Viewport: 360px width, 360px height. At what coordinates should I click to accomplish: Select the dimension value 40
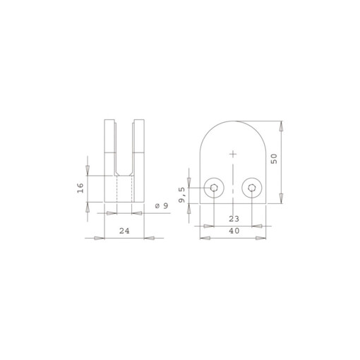point(232,230)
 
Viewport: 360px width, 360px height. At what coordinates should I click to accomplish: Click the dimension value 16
point(81,188)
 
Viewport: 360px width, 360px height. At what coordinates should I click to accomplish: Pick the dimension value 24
point(124,230)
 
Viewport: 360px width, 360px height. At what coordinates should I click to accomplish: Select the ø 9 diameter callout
point(160,206)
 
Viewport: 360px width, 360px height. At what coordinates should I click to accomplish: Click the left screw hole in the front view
point(213,188)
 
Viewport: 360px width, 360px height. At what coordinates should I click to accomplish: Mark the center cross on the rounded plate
point(232,153)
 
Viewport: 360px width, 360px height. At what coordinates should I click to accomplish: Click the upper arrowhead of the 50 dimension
point(282,127)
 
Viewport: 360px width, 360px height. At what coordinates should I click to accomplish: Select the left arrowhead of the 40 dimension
point(204,238)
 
